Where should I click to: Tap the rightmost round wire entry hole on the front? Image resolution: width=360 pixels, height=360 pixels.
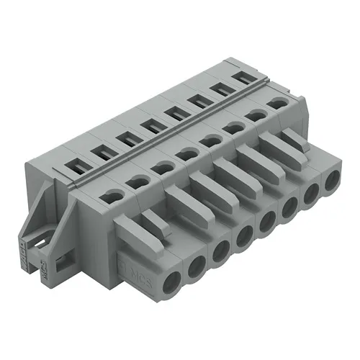331,182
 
